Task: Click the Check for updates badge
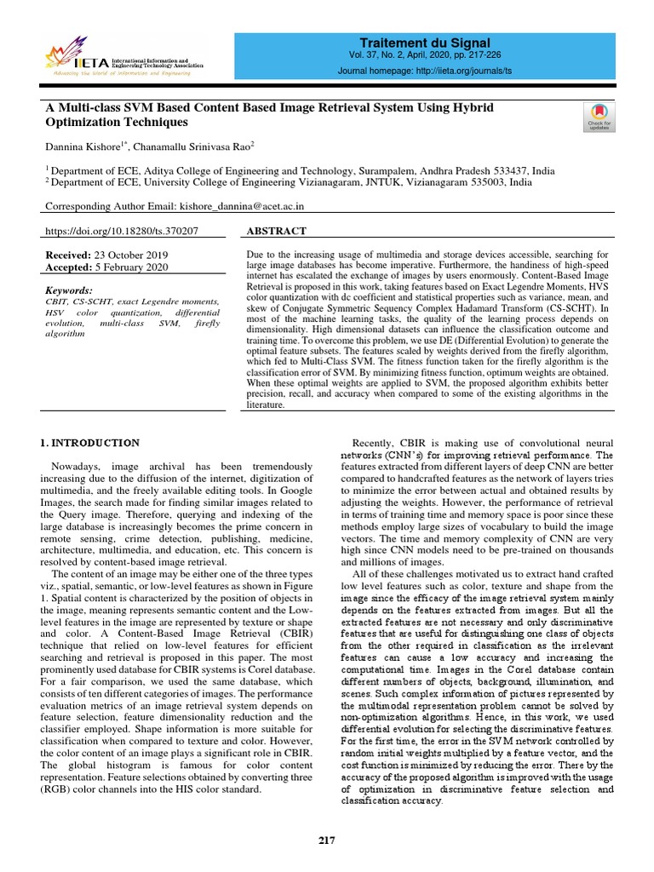(x=600, y=117)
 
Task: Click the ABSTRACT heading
(x=275, y=231)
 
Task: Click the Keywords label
(x=69, y=290)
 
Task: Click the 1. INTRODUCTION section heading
(x=90, y=443)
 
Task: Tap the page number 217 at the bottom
(x=327, y=840)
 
